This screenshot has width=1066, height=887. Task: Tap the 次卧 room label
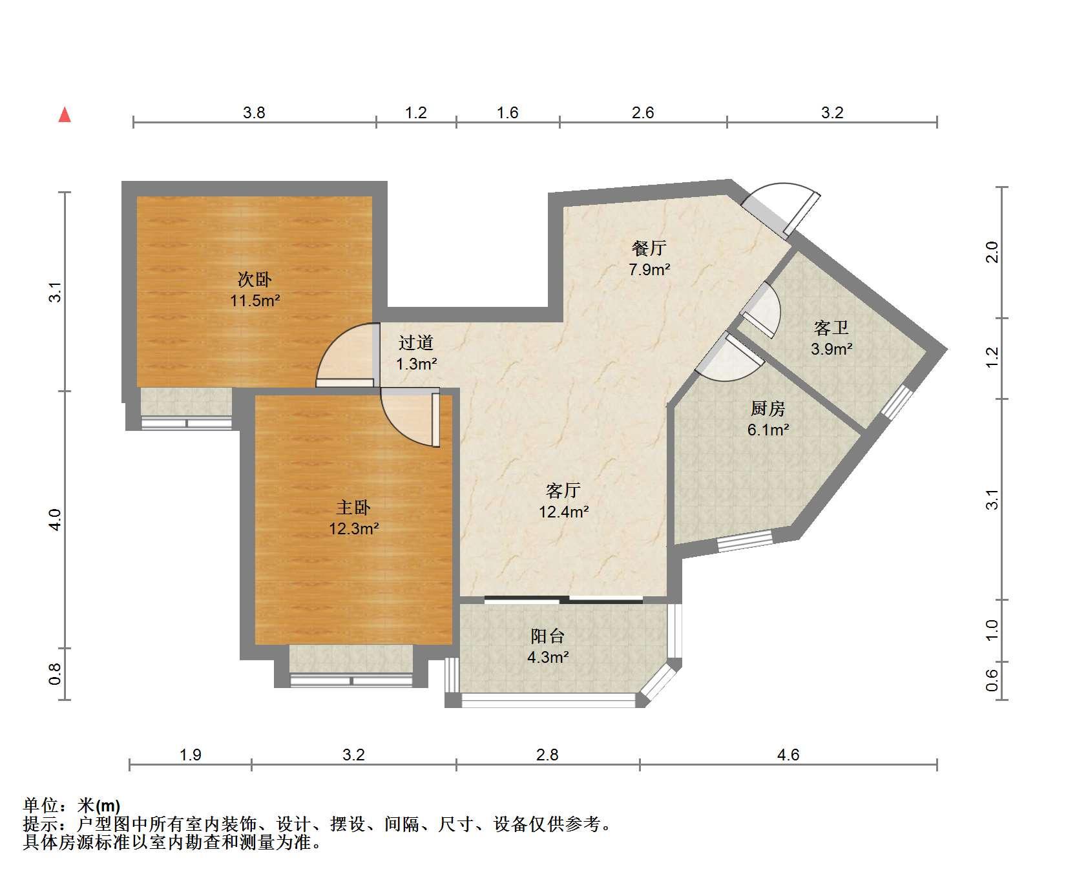pyautogui.click(x=255, y=280)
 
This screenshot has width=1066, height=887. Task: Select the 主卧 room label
pyautogui.click(x=353, y=507)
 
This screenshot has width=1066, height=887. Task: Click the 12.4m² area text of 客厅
pyautogui.click(x=564, y=512)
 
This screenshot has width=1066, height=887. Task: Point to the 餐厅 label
pyautogui.click(x=649, y=248)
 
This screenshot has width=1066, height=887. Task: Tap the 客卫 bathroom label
pyautogui.click(x=831, y=328)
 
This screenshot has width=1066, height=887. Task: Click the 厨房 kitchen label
pyautogui.click(x=768, y=408)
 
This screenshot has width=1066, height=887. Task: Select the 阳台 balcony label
pyautogui.click(x=548, y=636)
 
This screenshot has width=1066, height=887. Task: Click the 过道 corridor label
pyautogui.click(x=415, y=342)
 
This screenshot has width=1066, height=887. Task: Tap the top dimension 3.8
pyautogui.click(x=254, y=112)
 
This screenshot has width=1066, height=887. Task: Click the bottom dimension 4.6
pyautogui.click(x=788, y=755)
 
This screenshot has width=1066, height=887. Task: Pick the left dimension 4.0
pyautogui.click(x=56, y=520)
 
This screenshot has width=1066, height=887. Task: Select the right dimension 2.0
pyautogui.click(x=992, y=252)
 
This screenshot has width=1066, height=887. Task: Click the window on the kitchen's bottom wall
pyautogui.click(x=745, y=541)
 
